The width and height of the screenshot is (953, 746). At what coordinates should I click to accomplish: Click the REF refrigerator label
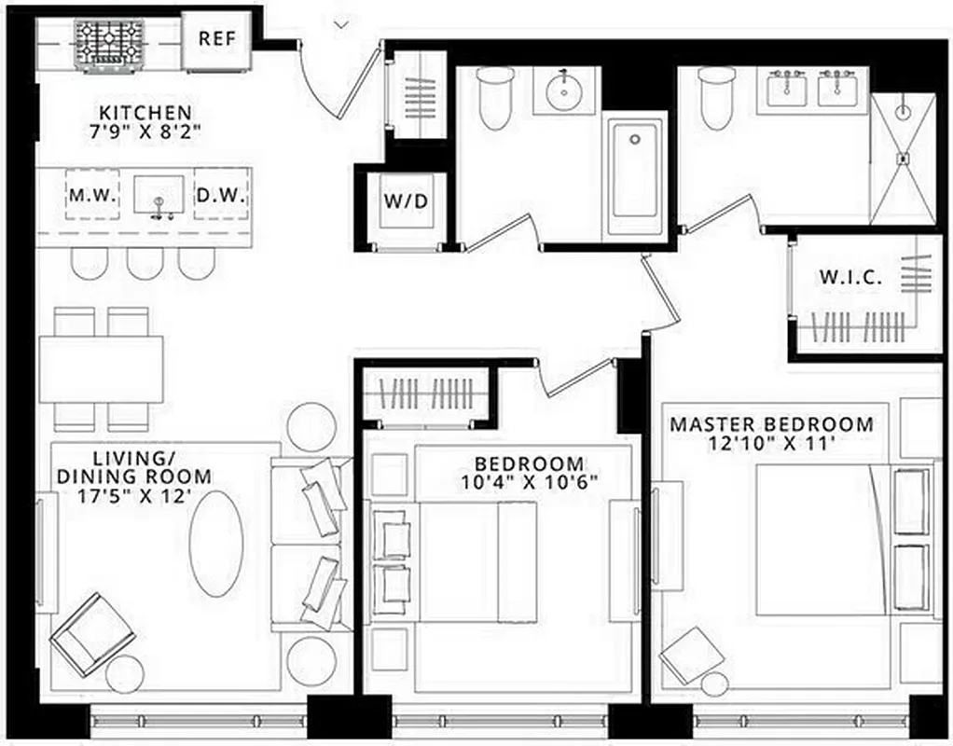coord(217,39)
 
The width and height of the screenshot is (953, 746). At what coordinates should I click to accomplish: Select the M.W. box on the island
coord(92,196)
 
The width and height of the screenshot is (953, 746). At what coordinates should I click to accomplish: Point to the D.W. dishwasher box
coord(220,196)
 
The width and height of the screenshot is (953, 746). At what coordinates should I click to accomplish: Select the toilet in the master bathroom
coord(718,101)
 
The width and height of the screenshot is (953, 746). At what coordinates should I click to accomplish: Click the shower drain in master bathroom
coord(903,159)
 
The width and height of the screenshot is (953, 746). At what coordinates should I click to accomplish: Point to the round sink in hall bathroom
coord(565,91)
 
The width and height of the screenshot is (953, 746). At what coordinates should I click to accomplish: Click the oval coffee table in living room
coord(216,544)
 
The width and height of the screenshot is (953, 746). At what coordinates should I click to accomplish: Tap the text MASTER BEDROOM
coord(772,424)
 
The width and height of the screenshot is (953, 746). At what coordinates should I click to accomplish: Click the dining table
coord(101,369)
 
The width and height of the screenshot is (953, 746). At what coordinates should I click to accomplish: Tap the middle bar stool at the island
coord(145,263)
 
